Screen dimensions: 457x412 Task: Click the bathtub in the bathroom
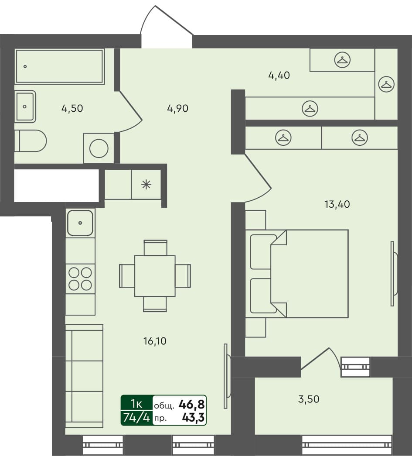[60, 66]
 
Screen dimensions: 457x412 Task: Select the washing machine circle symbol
[99, 148]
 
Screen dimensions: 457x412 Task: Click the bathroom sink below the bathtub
[25, 106]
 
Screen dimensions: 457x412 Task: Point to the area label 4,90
[177, 109]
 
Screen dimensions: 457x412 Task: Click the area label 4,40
[279, 75]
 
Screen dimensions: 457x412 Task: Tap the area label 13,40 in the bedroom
[337, 203]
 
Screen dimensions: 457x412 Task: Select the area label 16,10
[155, 341]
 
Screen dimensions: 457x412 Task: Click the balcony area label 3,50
[308, 399]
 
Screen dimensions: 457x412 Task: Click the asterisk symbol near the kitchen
[146, 184]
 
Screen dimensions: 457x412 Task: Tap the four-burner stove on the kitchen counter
[81, 279]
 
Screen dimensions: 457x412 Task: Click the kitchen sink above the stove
[80, 223]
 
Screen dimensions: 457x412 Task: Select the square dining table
[155, 276]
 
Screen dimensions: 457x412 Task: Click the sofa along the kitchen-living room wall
[84, 376]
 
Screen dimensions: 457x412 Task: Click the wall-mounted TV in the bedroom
[393, 274]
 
